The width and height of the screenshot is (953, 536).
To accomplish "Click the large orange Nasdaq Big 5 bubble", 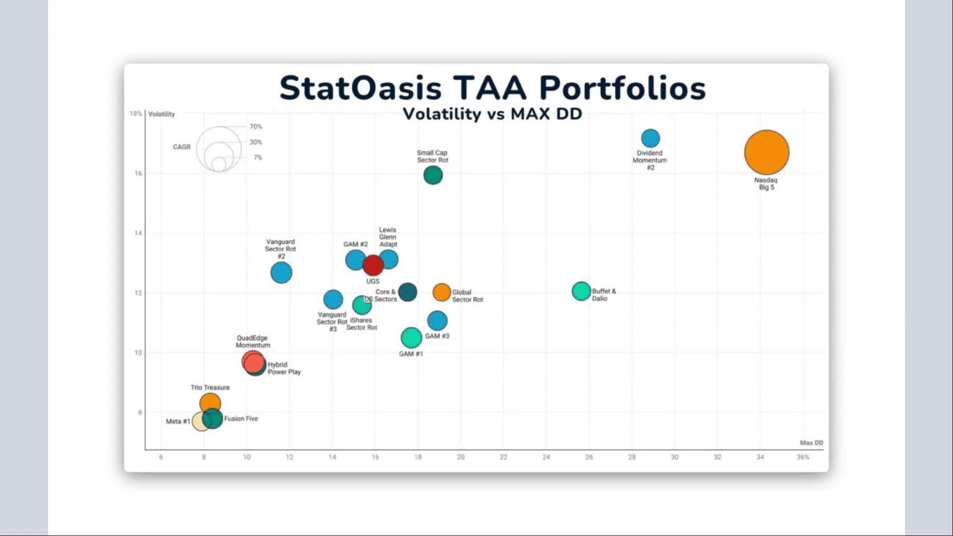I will tap(766, 152).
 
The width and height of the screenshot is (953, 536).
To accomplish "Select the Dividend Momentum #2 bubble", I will tap(650, 138).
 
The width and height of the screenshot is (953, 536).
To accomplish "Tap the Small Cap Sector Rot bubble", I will tap(433, 175).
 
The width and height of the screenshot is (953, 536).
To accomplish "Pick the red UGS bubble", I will tap(373, 266).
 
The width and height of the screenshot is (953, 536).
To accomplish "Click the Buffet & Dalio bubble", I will tap(581, 291).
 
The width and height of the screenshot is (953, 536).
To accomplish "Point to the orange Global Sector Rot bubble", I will tap(442, 293).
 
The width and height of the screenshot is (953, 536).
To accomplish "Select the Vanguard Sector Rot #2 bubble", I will tap(281, 272).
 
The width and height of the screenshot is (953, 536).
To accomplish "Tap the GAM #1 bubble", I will tap(411, 337).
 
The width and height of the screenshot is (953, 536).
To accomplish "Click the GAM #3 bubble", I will tap(437, 321).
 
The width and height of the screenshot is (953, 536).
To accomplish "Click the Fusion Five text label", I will tap(241, 419).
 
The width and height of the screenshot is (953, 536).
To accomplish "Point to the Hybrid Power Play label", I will tap(284, 368).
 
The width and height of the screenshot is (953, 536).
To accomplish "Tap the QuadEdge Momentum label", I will tap(253, 341).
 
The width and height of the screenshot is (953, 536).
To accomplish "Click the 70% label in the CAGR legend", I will tap(256, 127).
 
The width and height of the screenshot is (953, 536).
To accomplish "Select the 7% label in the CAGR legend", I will tap(257, 158).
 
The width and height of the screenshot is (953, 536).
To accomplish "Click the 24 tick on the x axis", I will tap(546, 457).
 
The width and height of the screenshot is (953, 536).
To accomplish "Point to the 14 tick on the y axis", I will tap(138, 233).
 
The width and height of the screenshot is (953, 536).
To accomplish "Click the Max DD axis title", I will tap(811, 443).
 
